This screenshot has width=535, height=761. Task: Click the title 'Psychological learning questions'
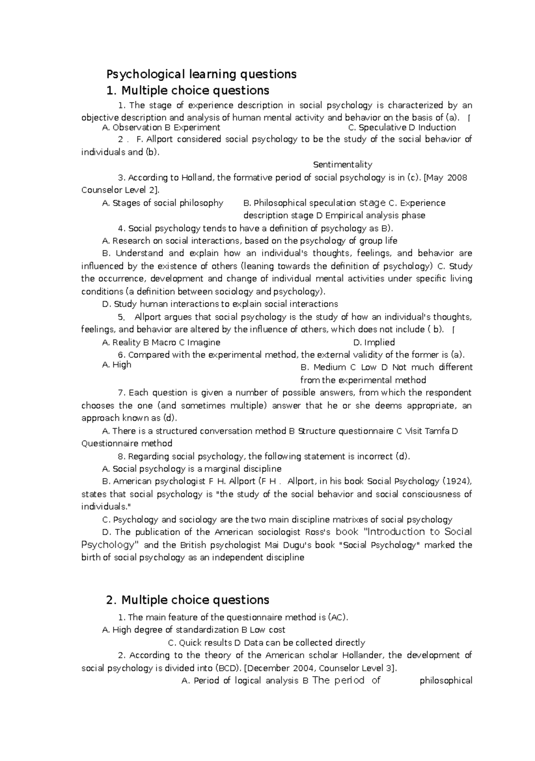coord(201,74)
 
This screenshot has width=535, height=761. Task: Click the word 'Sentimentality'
coord(342,165)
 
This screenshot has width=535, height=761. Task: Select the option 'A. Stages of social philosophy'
coord(163,203)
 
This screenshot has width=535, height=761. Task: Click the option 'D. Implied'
coord(374,342)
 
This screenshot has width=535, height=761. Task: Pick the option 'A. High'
coord(117,365)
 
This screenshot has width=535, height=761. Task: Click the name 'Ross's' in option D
coord(318,532)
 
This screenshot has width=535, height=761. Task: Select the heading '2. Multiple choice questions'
coord(188,600)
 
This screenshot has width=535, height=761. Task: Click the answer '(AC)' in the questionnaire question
coord(337,617)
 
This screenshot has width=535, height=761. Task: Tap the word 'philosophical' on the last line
coord(446,681)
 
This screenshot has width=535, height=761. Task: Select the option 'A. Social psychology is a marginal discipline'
coord(192,469)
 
